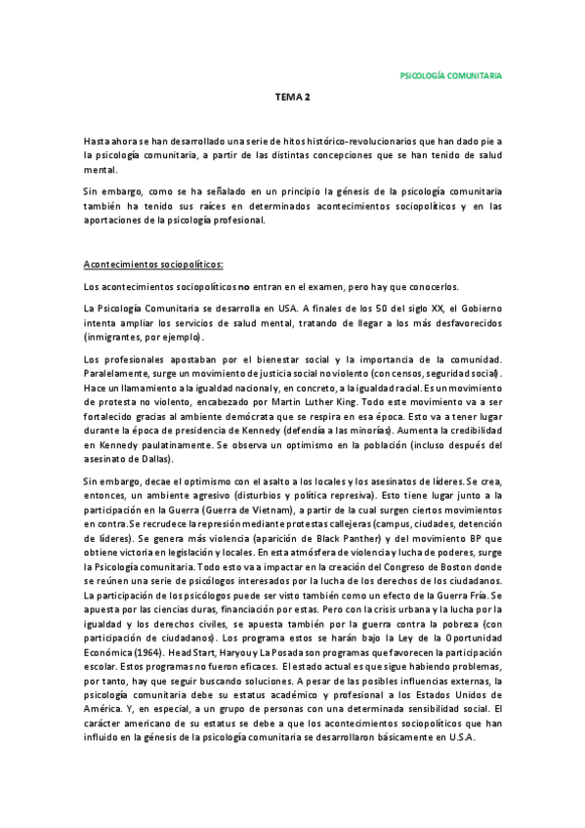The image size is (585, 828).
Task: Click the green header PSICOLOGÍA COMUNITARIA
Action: coord(452,74)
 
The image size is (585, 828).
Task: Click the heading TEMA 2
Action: coord(292,98)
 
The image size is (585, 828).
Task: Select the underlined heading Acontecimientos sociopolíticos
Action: coord(153,264)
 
